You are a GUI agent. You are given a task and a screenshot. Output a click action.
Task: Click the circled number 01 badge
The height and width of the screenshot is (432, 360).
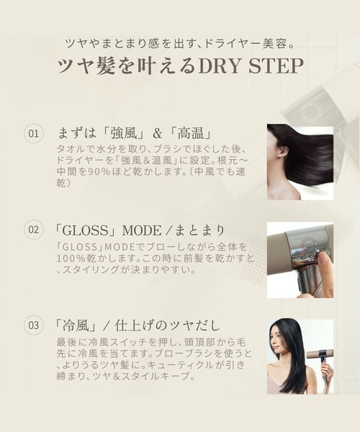[x=33, y=133]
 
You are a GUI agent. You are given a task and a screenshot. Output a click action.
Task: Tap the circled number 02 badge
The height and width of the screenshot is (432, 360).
[x=33, y=229]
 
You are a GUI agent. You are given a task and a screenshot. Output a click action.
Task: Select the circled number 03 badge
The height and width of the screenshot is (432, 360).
[x=33, y=325]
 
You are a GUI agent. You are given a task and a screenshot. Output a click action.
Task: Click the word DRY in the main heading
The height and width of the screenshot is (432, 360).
[x=220, y=66]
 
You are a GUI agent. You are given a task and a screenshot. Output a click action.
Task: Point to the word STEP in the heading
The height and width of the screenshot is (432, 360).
[x=276, y=66]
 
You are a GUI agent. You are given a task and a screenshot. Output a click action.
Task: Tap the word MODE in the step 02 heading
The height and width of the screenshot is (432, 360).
[x=142, y=230]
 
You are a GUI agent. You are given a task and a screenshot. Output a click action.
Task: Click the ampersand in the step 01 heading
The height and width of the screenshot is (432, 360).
[x=157, y=134]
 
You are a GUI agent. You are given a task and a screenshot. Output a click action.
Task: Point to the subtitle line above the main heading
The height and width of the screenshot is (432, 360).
[x=180, y=44]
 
